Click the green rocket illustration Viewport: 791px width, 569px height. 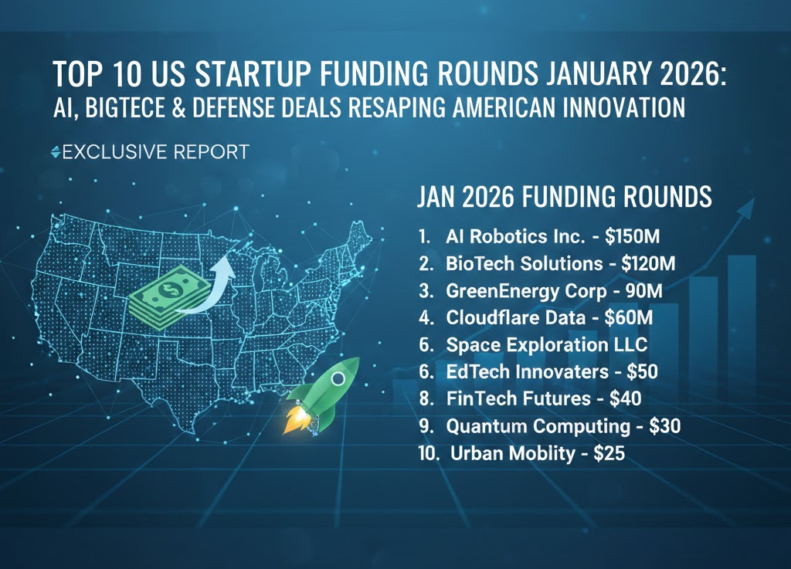[323, 393]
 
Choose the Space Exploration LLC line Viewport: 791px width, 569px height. [546, 344]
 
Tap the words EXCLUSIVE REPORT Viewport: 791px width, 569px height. [154, 152]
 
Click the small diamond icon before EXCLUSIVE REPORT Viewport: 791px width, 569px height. [54, 152]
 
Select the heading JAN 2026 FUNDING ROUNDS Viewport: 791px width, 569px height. [564, 197]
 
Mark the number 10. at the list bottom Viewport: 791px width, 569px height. [428, 453]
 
